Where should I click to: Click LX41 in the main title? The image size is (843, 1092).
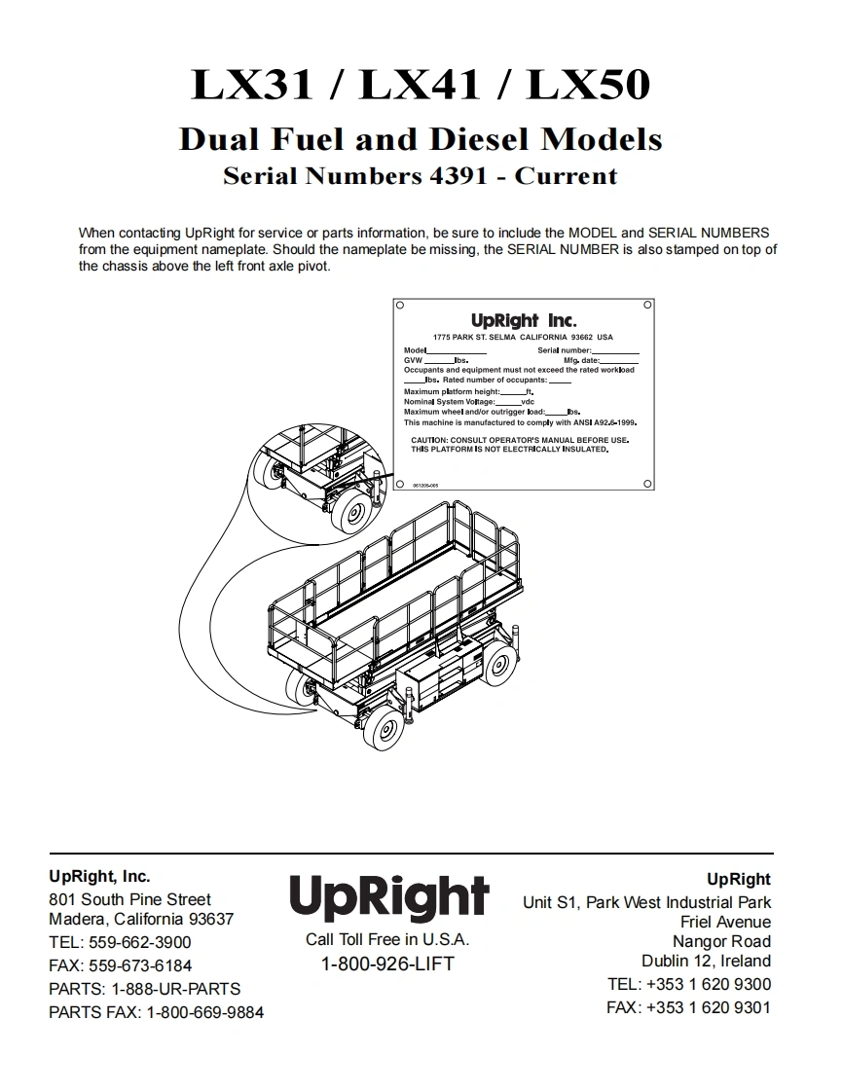(x=421, y=86)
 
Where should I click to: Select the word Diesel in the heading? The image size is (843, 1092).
(x=482, y=139)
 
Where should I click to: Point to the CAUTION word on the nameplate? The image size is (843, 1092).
(x=429, y=440)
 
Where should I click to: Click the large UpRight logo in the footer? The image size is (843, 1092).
(x=388, y=896)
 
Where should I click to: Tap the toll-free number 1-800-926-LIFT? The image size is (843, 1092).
(x=387, y=965)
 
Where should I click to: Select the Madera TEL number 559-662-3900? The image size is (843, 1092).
(x=139, y=942)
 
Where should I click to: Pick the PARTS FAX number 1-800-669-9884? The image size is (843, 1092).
(x=204, y=1012)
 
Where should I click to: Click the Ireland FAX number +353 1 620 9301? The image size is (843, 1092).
(x=708, y=1007)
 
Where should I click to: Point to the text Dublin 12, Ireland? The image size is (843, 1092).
(x=706, y=961)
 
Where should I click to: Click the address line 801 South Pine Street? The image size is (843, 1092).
(x=129, y=899)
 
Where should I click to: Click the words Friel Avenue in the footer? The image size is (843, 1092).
(x=725, y=922)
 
